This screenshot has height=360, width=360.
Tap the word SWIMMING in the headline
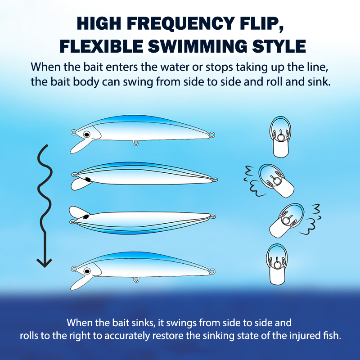pyautogui.click(x=198, y=46)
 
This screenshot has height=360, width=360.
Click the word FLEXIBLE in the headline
pyautogui.click(x=101, y=46)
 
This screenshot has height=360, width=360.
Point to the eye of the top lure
pyautogui.click(x=86, y=135)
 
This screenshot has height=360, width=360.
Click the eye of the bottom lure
pyautogui.click(x=87, y=271)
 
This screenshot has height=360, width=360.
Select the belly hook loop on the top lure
pyautogui.click(x=136, y=143)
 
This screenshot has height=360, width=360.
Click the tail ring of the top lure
pyautogui.click(x=211, y=134)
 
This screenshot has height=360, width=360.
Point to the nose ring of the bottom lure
pyautogui.click(x=74, y=269)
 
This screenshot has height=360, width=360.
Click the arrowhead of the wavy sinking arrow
pyautogui.click(x=44, y=262)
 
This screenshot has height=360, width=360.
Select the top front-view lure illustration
pyautogui.click(x=280, y=137)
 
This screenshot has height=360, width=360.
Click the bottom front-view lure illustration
pyautogui.click(x=277, y=264)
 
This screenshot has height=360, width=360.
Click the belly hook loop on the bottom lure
pyautogui.click(x=136, y=279)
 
